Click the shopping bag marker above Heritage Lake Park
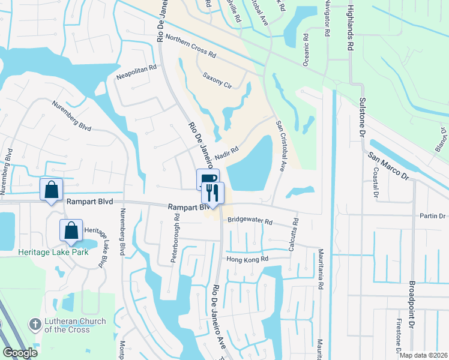[71, 230]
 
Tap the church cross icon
[35, 325]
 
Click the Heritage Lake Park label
[53, 252]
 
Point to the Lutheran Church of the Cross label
[75, 325]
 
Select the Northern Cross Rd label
[191, 46]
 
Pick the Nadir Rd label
[226, 154]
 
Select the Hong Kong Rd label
[246, 259]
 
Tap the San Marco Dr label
[388, 167]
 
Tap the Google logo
[20, 352]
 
